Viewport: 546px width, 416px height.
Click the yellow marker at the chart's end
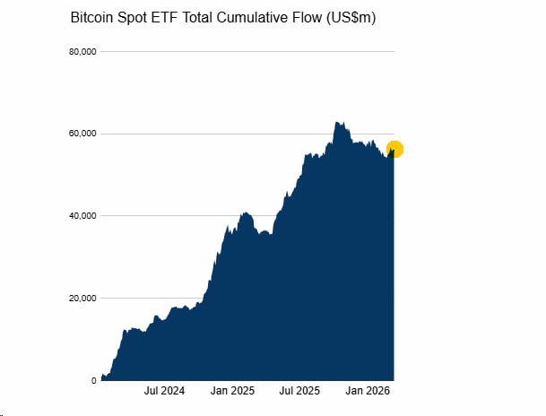tap(394, 150)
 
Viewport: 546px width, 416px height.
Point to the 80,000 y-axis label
tap(82, 52)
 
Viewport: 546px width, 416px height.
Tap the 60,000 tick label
tap(82, 134)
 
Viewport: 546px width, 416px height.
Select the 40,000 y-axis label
tap(82, 216)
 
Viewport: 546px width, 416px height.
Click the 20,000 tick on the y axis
tap(82, 299)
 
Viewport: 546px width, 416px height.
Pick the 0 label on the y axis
tap(93, 381)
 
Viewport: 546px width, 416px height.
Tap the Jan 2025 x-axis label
tap(231, 392)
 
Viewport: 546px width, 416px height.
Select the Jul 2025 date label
tap(299, 392)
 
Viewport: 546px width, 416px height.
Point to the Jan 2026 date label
tap(368, 392)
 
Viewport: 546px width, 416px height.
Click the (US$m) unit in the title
tap(352, 18)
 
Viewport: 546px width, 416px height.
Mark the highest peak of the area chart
tap(336, 122)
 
